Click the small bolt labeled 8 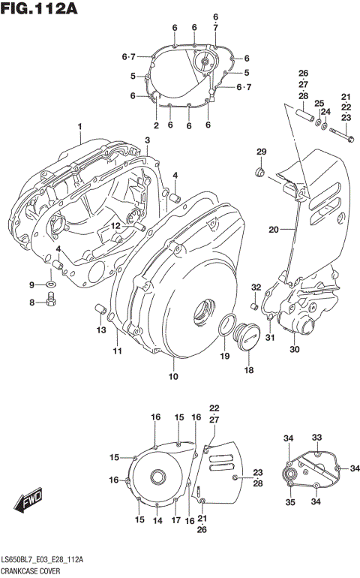pos(52,301)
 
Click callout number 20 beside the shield pos(274,229)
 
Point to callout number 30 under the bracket pos(294,349)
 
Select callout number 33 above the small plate pos(316,438)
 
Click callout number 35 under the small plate pos(290,503)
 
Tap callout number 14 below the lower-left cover pos(157,520)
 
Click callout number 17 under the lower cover pos(175,520)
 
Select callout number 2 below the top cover pos(157,125)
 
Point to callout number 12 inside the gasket pos(116,225)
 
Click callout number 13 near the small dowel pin pos(100,330)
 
